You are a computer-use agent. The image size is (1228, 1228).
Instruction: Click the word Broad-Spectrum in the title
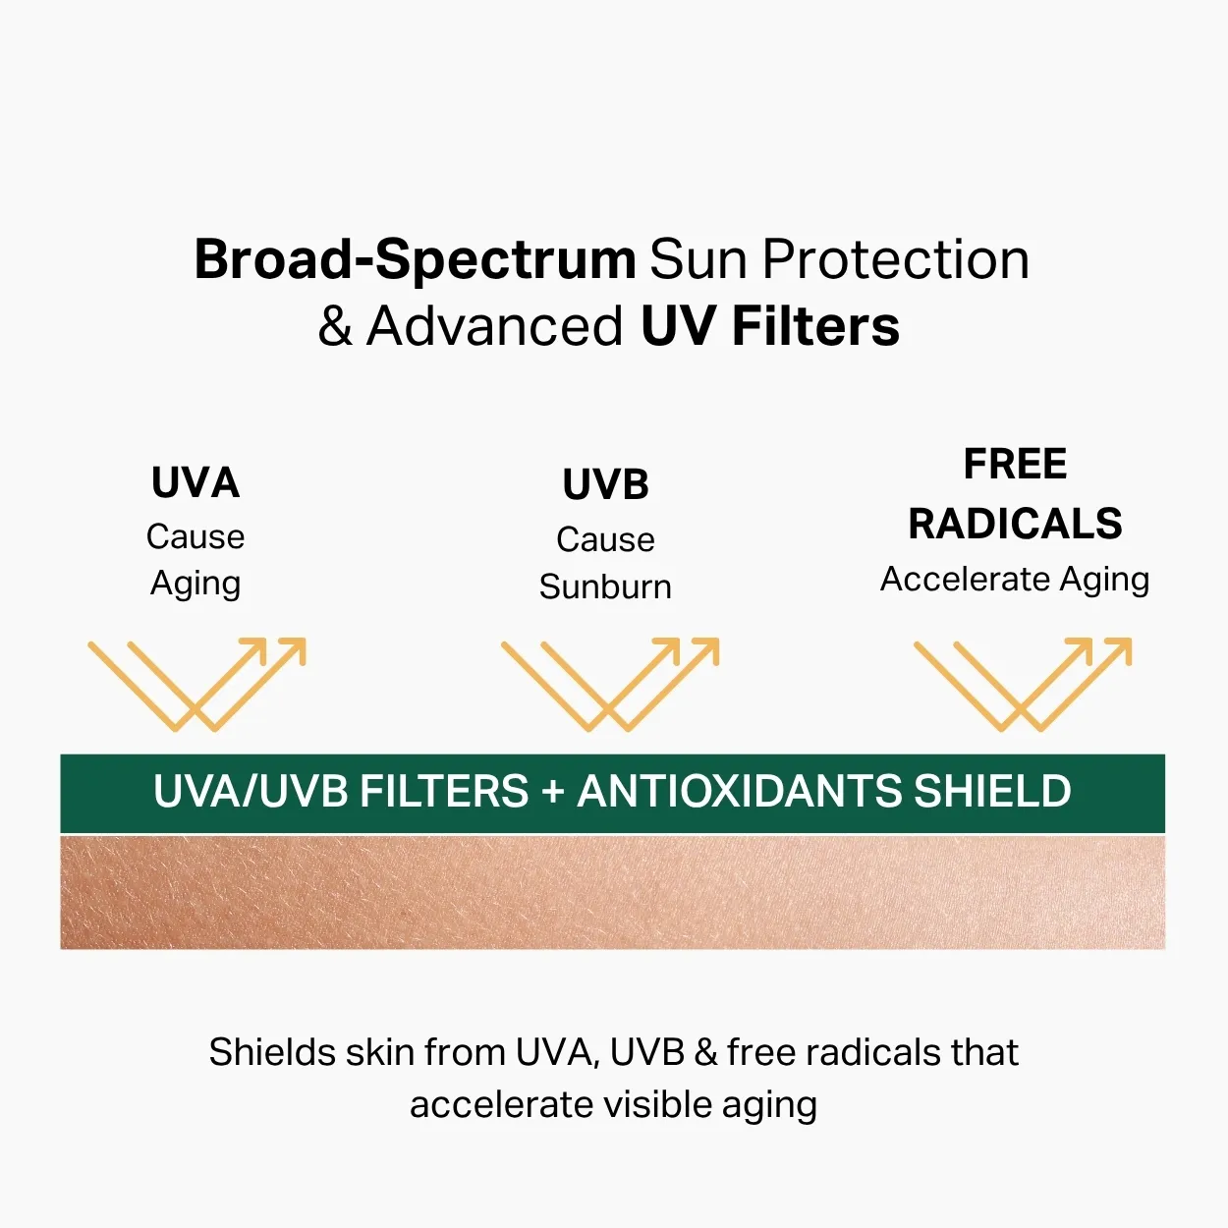tap(415, 260)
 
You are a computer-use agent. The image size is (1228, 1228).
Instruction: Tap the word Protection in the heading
tap(895, 259)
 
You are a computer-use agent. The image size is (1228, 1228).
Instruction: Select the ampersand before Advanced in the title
tap(335, 325)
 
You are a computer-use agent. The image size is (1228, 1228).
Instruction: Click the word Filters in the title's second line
tap(815, 325)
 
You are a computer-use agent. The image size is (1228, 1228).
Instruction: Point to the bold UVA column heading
tap(195, 482)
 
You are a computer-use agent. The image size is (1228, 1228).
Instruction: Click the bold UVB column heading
tap(605, 485)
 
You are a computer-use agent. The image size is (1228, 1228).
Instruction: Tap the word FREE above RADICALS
tap(1015, 464)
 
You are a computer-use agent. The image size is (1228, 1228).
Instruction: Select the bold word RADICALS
tap(1015, 524)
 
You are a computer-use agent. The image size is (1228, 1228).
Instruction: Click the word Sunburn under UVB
tap(605, 586)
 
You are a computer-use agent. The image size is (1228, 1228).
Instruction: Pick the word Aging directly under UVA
tap(195, 584)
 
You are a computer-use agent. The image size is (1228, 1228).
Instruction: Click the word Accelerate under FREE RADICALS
tap(965, 580)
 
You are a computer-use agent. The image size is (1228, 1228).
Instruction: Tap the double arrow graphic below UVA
tap(196, 684)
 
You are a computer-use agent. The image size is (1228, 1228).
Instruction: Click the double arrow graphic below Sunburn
tap(610, 684)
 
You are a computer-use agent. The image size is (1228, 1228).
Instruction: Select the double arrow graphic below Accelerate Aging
tap(1023, 684)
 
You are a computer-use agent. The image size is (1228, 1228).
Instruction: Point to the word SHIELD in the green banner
tap(993, 791)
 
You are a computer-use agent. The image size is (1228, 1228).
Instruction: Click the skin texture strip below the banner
tap(612, 892)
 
